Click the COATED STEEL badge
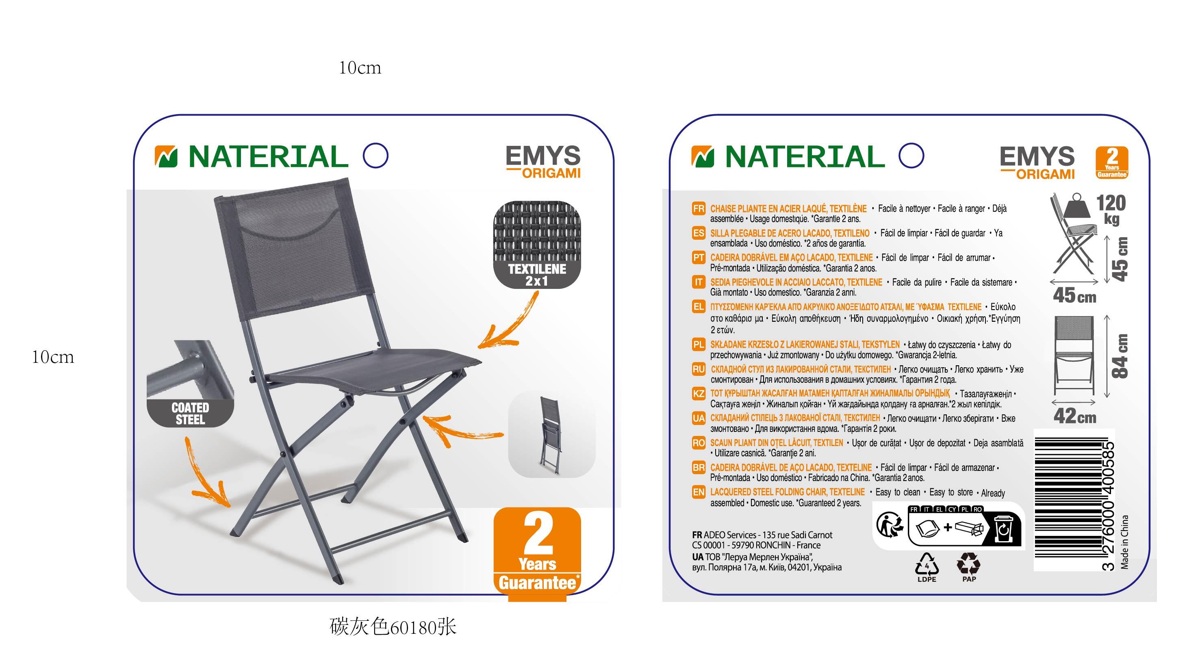tap(191, 413)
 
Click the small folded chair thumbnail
tap(551, 434)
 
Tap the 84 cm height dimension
tap(1120, 356)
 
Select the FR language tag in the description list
tap(698, 209)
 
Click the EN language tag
tap(698, 492)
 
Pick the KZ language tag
tap(698, 394)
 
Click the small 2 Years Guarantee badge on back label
tap(1111, 163)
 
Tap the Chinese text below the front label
tap(393, 627)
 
